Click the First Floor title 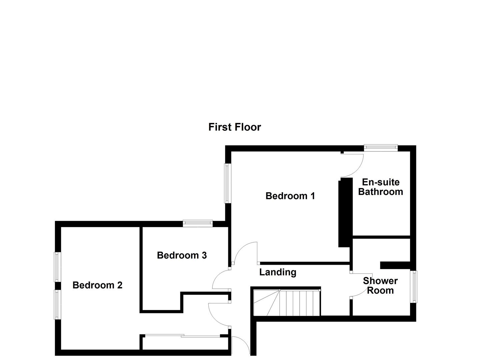click(234, 127)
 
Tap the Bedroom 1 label click(290, 196)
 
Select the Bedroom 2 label click(97, 285)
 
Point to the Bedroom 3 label click(182, 255)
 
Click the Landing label click(278, 272)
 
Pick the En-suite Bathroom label click(380, 187)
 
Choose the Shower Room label click(380, 286)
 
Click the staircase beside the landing click(287, 303)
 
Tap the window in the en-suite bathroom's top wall click(381, 148)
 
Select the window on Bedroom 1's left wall click(227, 183)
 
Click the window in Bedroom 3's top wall click(198, 223)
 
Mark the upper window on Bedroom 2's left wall click(57, 267)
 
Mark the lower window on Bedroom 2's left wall click(57, 304)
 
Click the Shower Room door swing click(360, 287)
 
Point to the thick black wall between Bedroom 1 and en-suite click(345, 212)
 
